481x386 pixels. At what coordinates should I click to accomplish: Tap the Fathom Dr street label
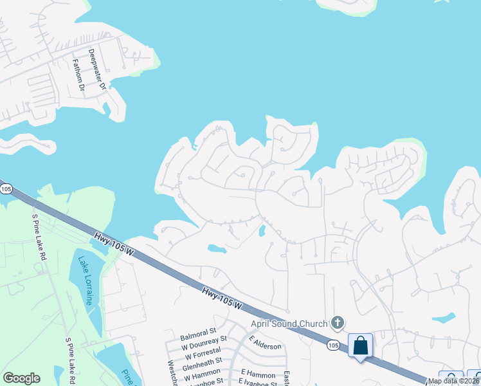[78, 75]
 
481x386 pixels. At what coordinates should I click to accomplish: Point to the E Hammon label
[258, 374]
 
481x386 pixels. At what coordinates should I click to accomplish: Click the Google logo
[21, 378]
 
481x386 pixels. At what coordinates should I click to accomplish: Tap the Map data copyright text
[454, 381]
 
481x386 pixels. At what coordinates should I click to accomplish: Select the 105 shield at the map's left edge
[6, 188]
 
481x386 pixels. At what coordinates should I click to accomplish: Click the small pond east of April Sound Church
[444, 318]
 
